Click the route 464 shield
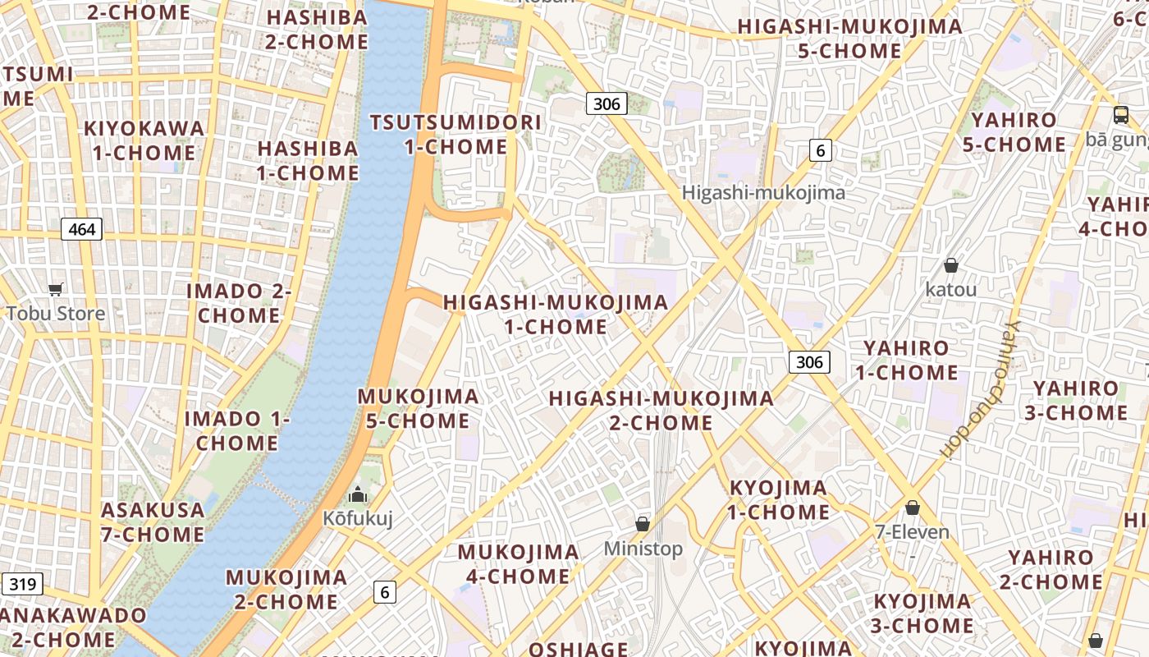(x=82, y=229)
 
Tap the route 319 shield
(x=22, y=584)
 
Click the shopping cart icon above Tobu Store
(x=56, y=289)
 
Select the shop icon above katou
(x=950, y=265)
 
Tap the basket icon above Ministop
(x=643, y=524)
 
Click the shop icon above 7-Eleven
(x=912, y=508)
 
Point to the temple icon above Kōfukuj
(x=357, y=494)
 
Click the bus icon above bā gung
(x=1120, y=115)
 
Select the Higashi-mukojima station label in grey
(x=763, y=193)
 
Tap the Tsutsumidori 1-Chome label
(x=455, y=135)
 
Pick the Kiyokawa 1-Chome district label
(x=144, y=140)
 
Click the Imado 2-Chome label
(x=239, y=303)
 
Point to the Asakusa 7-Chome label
(x=153, y=522)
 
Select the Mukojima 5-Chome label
(x=418, y=408)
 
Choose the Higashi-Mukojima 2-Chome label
(x=661, y=411)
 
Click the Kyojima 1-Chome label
(x=779, y=500)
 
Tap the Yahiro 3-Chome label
(x=1075, y=400)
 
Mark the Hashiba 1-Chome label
(x=308, y=161)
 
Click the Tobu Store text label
(x=56, y=314)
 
